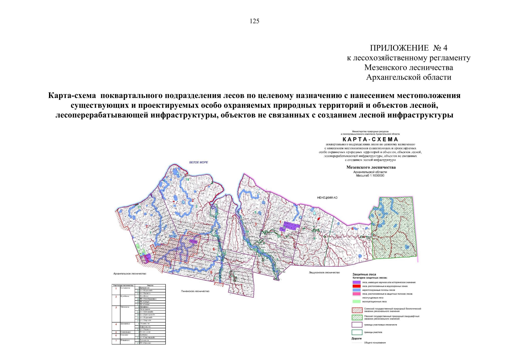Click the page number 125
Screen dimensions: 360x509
(x=254, y=21)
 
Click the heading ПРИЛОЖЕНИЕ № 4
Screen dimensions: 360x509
(x=408, y=48)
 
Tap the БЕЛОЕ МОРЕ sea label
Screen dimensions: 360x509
(x=198, y=162)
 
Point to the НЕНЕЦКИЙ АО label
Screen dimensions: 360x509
(x=327, y=198)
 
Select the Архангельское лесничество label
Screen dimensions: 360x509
(x=130, y=274)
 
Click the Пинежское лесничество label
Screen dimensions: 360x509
(x=195, y=291)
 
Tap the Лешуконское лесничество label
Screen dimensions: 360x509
(x=324, y=272)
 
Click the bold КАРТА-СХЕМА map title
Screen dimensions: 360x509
(x=370, y=139)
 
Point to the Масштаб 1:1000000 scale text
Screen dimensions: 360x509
(x=370, y=175)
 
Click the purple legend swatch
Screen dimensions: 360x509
(x=356, y=282)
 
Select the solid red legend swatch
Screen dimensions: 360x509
(x=356, y=286)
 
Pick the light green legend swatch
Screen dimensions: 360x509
(x=356, y=301)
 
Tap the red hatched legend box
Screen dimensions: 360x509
(x=357, y=310)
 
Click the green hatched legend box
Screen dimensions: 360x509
(x=357, y=317)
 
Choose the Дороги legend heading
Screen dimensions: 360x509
(x=356, y=338)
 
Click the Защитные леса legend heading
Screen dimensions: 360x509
(x=364, y=274)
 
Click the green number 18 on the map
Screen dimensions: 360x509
(x=187, y=179)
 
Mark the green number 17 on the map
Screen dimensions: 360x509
(x=139, y=208)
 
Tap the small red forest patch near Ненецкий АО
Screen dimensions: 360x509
(x=318, y=219)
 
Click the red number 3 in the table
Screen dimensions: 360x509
(x=116, y=307)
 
